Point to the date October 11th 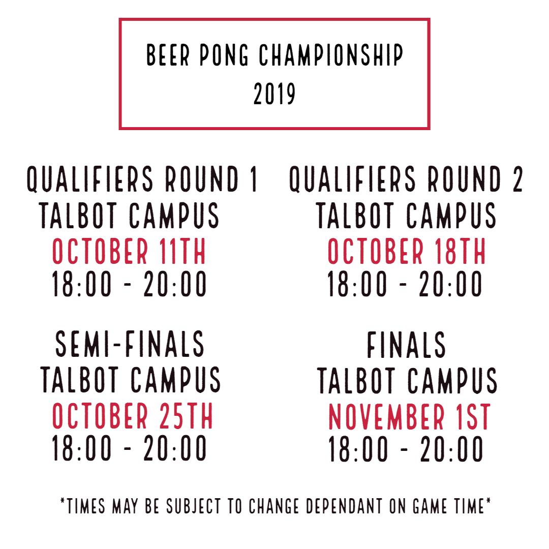pos(129,252)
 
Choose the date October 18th pos(406,252)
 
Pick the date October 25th pos(132,416)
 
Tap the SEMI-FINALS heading pos(129,344)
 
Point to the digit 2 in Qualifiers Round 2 pos(517,180)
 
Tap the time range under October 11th pos(129,284)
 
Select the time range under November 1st pos(406,449)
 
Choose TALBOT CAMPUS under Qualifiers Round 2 pos(406,216)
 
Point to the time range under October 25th pos(129,448)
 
